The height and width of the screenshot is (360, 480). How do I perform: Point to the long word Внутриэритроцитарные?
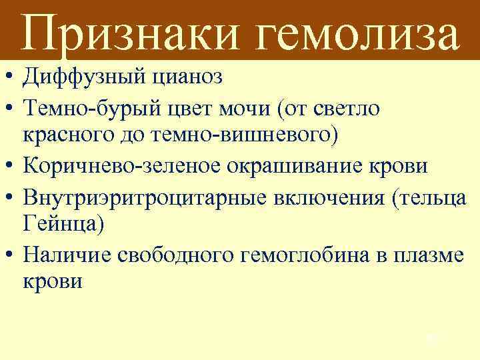tap(139, 194)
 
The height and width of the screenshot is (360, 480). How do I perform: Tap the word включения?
tap(320, 194)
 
